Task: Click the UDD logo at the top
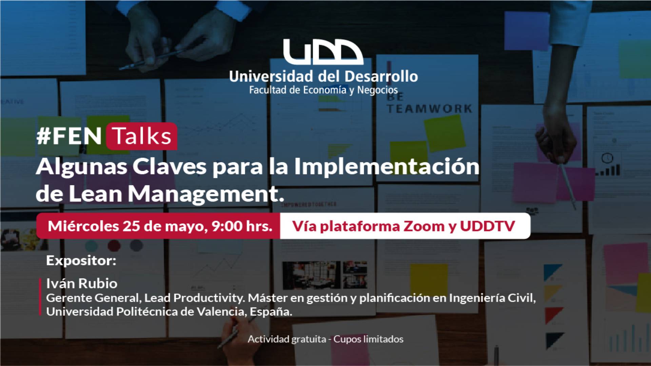coord(323,52)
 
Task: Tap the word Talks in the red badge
coord(142,136)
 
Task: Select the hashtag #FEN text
coord(69,136)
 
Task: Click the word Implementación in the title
coord(387,167)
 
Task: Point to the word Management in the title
coord(205,195)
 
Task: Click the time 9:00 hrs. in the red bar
coord(242,226)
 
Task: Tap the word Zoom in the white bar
coord(424,226)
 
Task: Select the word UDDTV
coord(487,226)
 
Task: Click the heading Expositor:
coord(81,261)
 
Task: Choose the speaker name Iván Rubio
coord(82,283)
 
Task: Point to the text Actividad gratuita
coord(287,339)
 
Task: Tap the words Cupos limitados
coord(369,339)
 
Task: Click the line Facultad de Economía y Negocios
coord(323,90)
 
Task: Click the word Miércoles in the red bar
coord(83,226)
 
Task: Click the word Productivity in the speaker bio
coord(209,298)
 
